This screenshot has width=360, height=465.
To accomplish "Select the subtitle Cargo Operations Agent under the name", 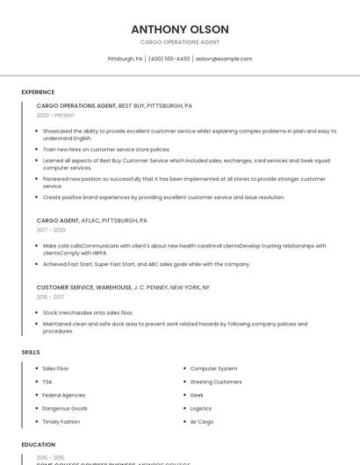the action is (179, 42).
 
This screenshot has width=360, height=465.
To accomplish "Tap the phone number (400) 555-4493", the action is (169, 59).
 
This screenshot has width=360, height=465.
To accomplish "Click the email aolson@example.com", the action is (223, 59).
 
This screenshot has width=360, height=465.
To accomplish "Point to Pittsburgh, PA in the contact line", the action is (125, 59).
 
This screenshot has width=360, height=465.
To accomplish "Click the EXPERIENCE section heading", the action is (38, 92).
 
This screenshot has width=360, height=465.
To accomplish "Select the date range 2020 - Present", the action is (55, 115).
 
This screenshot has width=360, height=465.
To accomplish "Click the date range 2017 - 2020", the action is (51, 230).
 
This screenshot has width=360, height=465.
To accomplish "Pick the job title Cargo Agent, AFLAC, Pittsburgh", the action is (91, 220).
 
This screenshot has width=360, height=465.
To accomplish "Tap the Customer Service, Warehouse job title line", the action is (123, 287).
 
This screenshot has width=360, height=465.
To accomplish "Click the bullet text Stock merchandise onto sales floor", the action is (88, 312).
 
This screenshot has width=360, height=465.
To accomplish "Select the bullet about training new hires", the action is (106, 149).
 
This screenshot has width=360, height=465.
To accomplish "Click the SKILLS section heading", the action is (31, 352).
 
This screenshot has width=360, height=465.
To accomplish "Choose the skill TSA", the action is (47, 382).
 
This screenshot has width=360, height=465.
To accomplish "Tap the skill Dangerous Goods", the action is (65, 408).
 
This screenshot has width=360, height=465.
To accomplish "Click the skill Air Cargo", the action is (202, 421).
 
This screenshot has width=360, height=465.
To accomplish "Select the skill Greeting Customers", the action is (216, 382).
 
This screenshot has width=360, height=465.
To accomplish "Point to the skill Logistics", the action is (201, 408).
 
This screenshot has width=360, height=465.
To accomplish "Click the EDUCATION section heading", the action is (39, 445).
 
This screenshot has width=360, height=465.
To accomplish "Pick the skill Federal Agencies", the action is (63, 395).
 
